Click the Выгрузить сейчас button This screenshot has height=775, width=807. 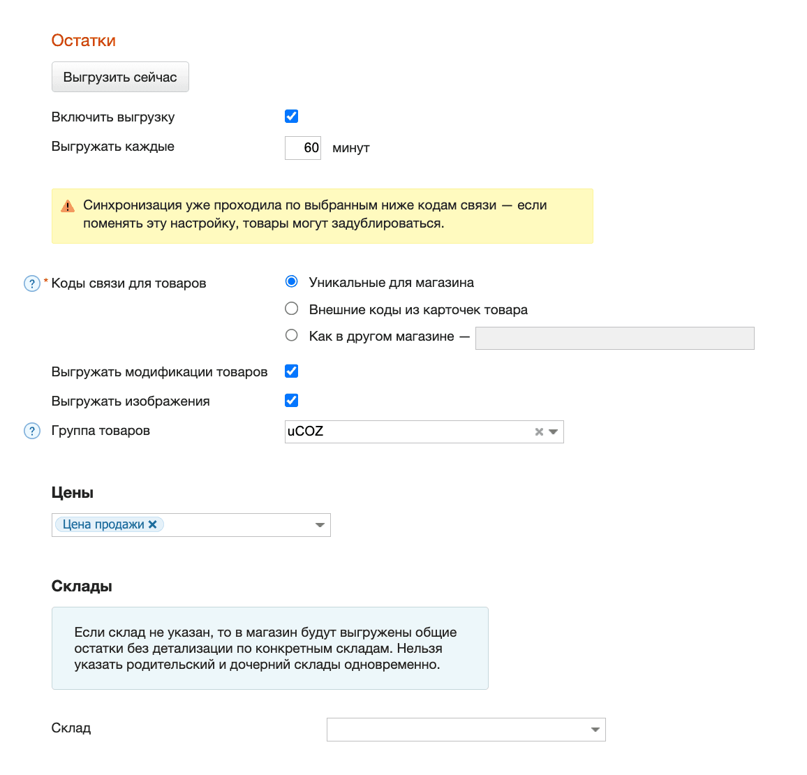[120, 77]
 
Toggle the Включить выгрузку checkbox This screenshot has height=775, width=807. [292, 117]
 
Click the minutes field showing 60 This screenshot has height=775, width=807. [303, 147]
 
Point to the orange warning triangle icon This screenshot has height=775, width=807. [68, 206]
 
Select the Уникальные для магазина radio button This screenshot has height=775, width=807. [292, 281]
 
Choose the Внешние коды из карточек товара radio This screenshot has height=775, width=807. [292, 309]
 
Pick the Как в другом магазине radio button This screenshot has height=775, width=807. [292, 335]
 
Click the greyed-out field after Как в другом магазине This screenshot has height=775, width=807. [614, 338]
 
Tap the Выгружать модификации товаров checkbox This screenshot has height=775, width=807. [292, 371]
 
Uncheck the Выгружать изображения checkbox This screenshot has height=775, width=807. [292, 401]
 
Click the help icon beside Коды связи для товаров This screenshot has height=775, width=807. [32, 283]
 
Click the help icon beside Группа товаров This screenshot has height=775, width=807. [32, 431]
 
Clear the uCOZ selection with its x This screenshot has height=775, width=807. [539, 432]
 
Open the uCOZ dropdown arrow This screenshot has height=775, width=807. [554, 432]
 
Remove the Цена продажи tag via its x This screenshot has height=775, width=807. [153, 524]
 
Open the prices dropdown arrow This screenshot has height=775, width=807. [320, 525]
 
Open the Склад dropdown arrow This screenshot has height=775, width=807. [595, 730]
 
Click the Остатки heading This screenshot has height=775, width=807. [84, 40]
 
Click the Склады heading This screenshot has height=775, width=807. [82, 586]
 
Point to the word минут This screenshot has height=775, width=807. [351, 148]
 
